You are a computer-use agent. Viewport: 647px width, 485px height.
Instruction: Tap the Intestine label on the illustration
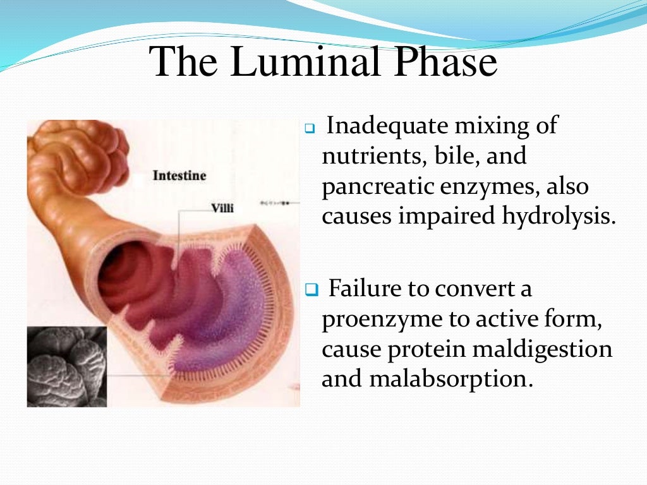coord(179,175)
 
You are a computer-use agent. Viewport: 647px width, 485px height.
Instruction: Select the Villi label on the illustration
coord(221,208)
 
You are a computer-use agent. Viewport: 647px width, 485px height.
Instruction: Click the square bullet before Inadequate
coord(309,128)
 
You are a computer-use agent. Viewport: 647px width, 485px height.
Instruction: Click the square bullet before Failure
coord(310,290)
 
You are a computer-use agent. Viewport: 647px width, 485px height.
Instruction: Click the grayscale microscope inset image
coord(67,366)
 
